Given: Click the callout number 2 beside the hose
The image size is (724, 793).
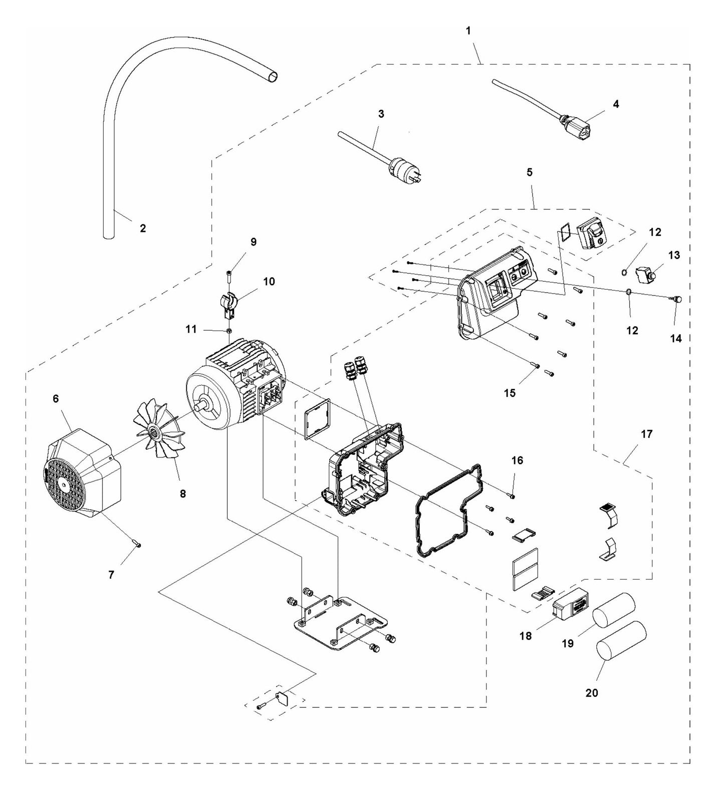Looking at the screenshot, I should pos(143,228).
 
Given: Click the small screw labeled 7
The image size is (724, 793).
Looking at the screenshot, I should pos(138,545).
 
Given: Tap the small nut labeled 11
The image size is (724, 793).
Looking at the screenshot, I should pos(228,331).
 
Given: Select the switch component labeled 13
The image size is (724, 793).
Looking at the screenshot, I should pos(645,275).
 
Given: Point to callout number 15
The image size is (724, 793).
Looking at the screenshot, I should pos(510,393).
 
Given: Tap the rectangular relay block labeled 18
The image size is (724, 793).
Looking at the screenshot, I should pos(570,607).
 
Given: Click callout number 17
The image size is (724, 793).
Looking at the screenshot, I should pos(647,434).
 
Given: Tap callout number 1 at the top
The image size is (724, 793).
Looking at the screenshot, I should pos(468,31).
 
